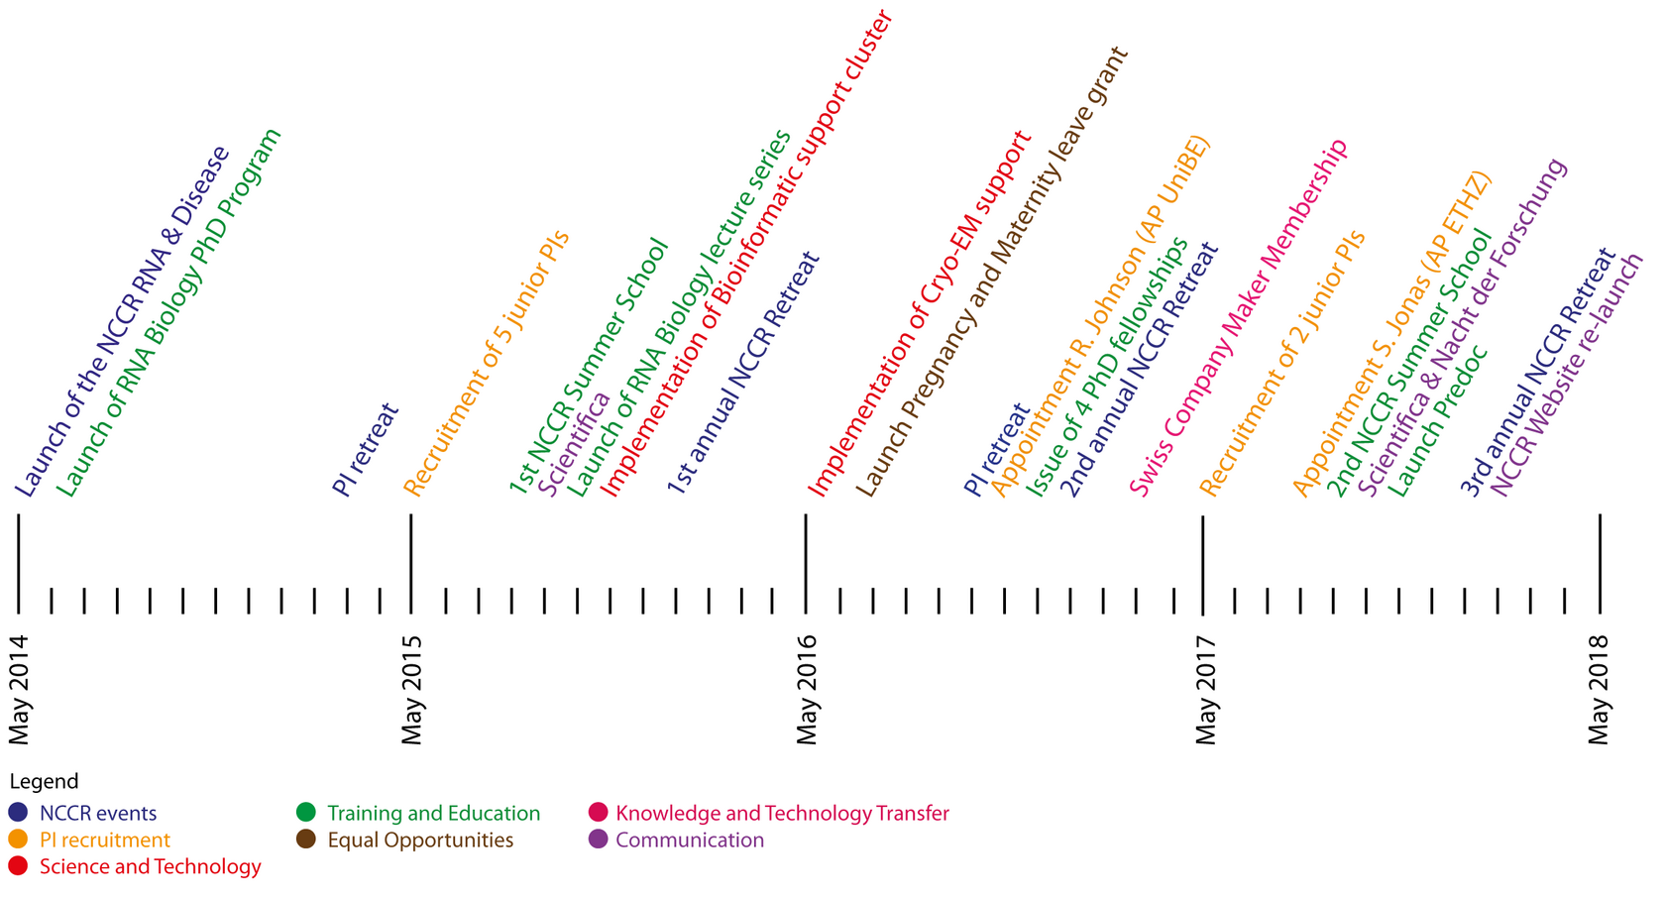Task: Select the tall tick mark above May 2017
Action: (x=1202, y=563)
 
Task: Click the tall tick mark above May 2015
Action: (x=411, y=563)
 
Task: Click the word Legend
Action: (x=44, y=782)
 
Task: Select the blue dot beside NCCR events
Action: (x=18, y=813)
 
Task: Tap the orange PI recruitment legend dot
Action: (x=18, y=840)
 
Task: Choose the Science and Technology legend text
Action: (x=150, y=866)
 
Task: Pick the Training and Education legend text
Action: (x=433, y=813)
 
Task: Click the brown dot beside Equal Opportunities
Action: (x=306, y=840)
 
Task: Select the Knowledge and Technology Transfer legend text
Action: (x=782, y=813)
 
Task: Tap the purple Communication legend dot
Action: (x=597, y=840)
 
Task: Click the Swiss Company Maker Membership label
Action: (x=1239, y=317)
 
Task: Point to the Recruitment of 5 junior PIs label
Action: (x=486, y=363)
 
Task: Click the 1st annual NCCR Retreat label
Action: (x=743, y=373)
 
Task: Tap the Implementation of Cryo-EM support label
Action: (x=920, y=313)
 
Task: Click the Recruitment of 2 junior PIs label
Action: (x=1282, y=363)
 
